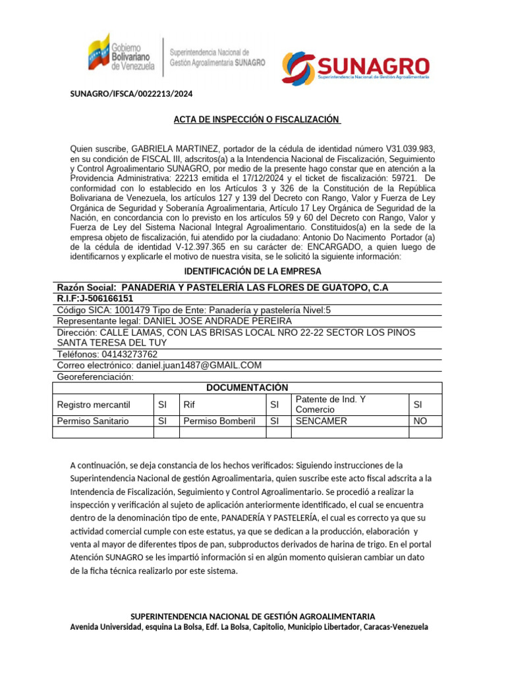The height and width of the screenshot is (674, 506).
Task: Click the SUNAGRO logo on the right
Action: (356, 66)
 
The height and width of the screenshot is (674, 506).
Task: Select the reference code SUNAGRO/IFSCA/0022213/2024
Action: (132, 94)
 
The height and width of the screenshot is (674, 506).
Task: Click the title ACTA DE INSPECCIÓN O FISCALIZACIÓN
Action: (257, 120)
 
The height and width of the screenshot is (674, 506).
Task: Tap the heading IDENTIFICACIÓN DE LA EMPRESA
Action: (252, 271)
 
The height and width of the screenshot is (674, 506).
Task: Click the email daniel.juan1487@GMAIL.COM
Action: (198, 365)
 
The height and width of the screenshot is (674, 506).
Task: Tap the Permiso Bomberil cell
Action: (219, 421)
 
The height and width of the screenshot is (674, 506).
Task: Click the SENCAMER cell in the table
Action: (321, 421)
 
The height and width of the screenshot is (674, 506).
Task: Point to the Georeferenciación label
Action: (95, 376)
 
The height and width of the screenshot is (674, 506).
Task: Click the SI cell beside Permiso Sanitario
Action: (162, 421)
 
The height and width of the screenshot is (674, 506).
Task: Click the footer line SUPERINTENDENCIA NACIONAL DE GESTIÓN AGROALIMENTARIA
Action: (253, 616)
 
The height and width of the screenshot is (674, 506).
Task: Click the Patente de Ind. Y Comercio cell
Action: (331, 404)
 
